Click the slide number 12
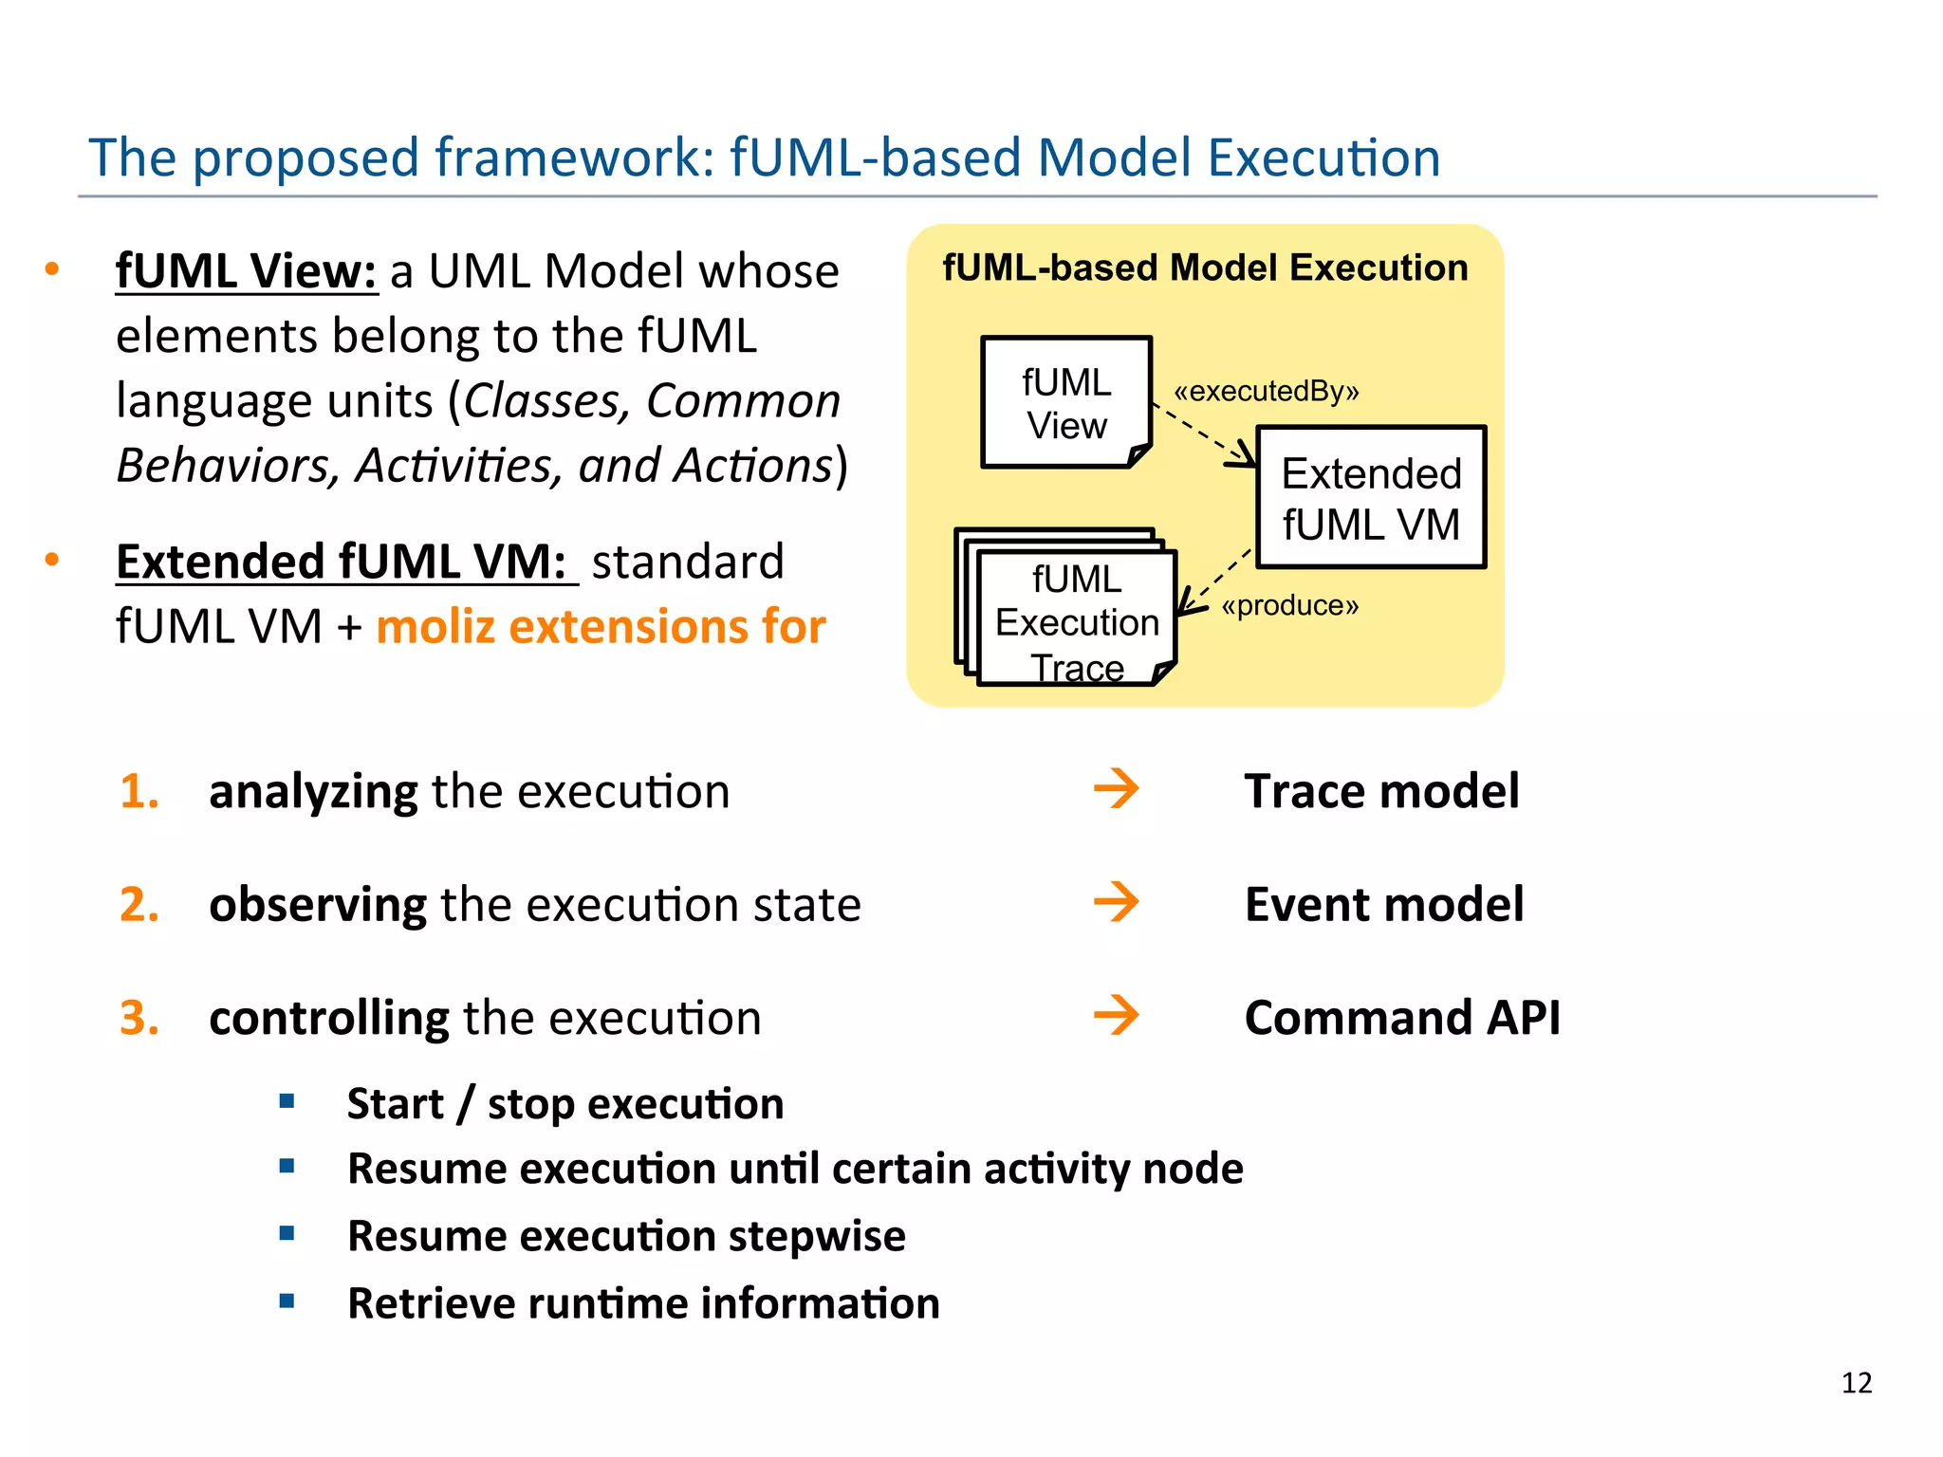click(x=1856, y=1383)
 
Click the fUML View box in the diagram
click(x=1065, y=403)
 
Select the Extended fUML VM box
click(x=1370, y=498)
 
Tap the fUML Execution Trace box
click(x=1076, y=621)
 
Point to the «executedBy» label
click(x=1266, y=391)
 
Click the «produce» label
click(x=1289, y=605)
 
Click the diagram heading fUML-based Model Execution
click(x=1204, y=268)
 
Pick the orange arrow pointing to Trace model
click(x=1116, y=789)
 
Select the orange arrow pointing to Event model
click(x=1116, y=902)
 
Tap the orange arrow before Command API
click(x=1116, y=1016)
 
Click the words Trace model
click(x=1380, y=791)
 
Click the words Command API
click(x=1401, y=1018)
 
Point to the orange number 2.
click(x=139, y=904)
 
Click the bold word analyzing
click(x=313, y=792)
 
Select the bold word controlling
click(x=329, y=1018)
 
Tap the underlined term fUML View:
click(x=247, y=271)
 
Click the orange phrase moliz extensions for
click(x=601, y=627)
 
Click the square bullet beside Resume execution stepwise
click(x=287, y=1234)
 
